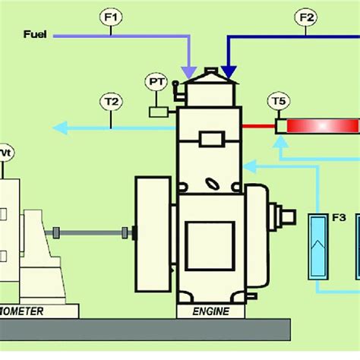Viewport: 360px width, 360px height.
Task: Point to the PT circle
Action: (x=157, y=81)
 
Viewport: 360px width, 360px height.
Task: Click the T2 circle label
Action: (x=111, y=99)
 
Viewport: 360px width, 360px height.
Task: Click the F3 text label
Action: (x=339, y=218)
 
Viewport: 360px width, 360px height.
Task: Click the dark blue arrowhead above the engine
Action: (x=228, y=73)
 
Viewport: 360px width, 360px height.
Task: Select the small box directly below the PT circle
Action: (x=158, y=112)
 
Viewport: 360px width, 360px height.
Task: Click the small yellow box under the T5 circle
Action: (x=279, y=125)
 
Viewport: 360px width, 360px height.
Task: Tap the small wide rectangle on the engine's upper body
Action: (x=209, y=139)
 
